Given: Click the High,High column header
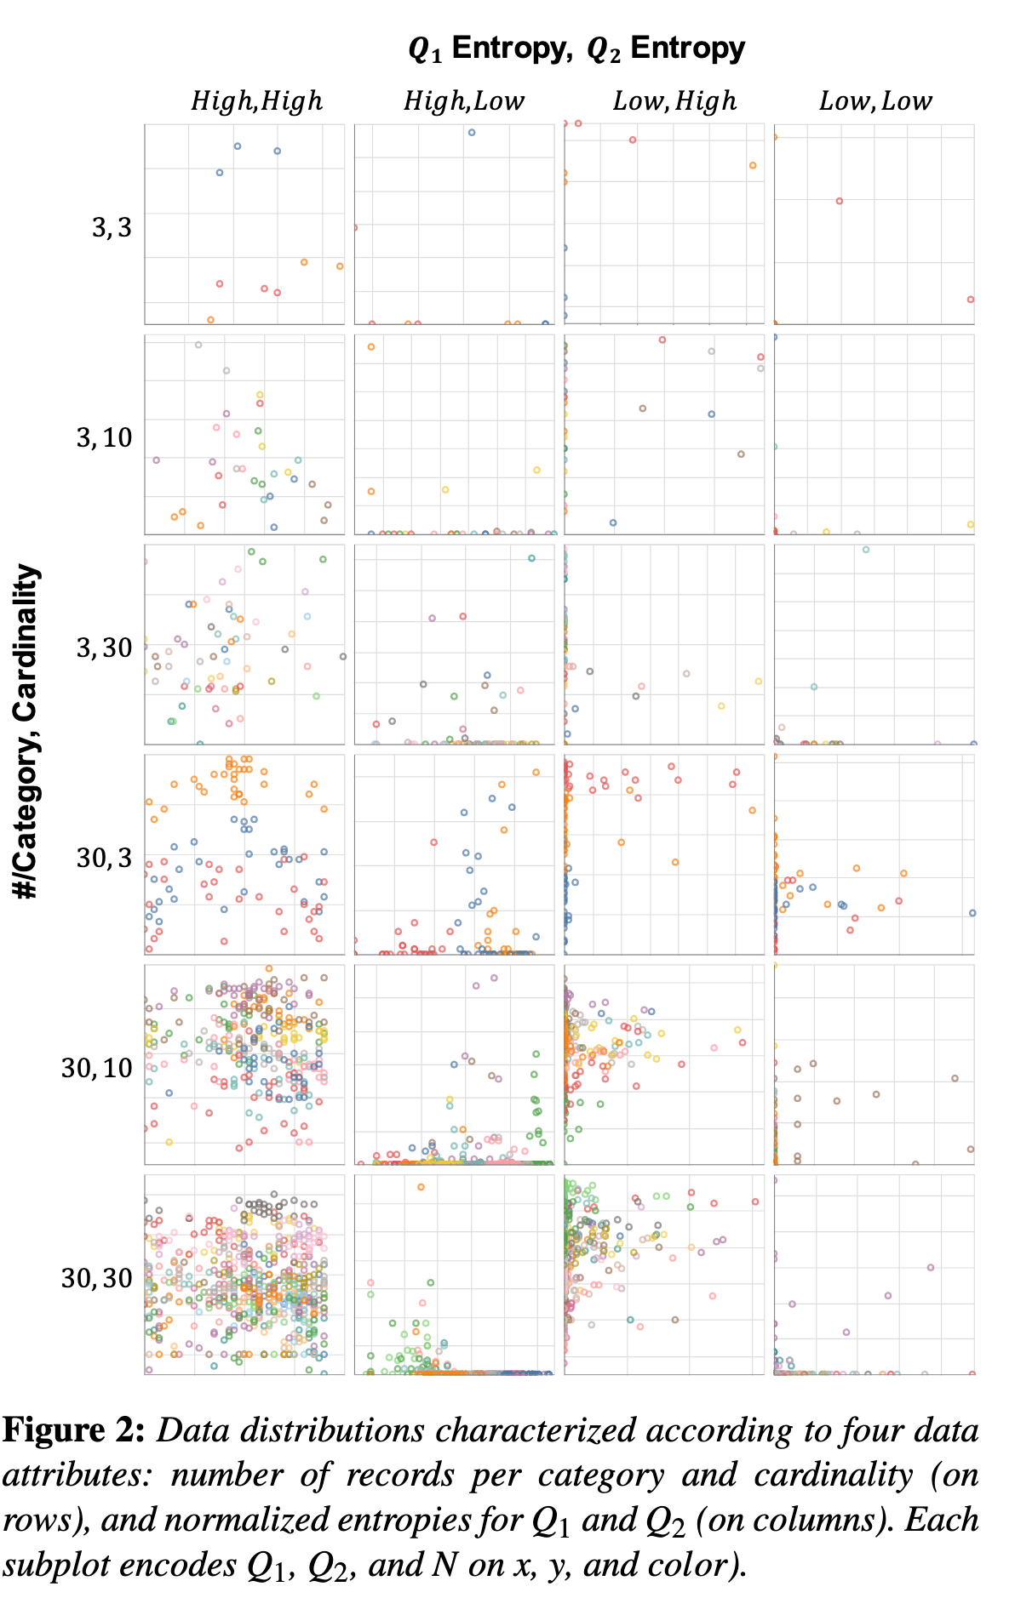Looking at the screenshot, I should point(256,101).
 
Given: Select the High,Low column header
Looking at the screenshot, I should point(463,101).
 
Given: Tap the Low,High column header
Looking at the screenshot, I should point(674,101).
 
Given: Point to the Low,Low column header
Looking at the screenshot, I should point(875,101).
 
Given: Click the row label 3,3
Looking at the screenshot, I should point(112,227).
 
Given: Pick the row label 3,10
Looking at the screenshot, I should point(104,437).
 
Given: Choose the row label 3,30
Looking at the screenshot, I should point(104,648).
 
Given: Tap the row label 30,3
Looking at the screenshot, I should point(104,857).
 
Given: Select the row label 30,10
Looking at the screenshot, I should point(96,1067).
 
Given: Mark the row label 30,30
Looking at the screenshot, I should point(96,1277).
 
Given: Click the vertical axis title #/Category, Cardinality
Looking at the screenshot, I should point(27,732).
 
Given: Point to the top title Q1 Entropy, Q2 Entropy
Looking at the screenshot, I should point(576,49).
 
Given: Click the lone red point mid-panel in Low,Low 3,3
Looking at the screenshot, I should point(839,201).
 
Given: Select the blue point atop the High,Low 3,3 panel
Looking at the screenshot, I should point(472,132).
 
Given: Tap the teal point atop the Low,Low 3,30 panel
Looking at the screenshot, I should point(865,550).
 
